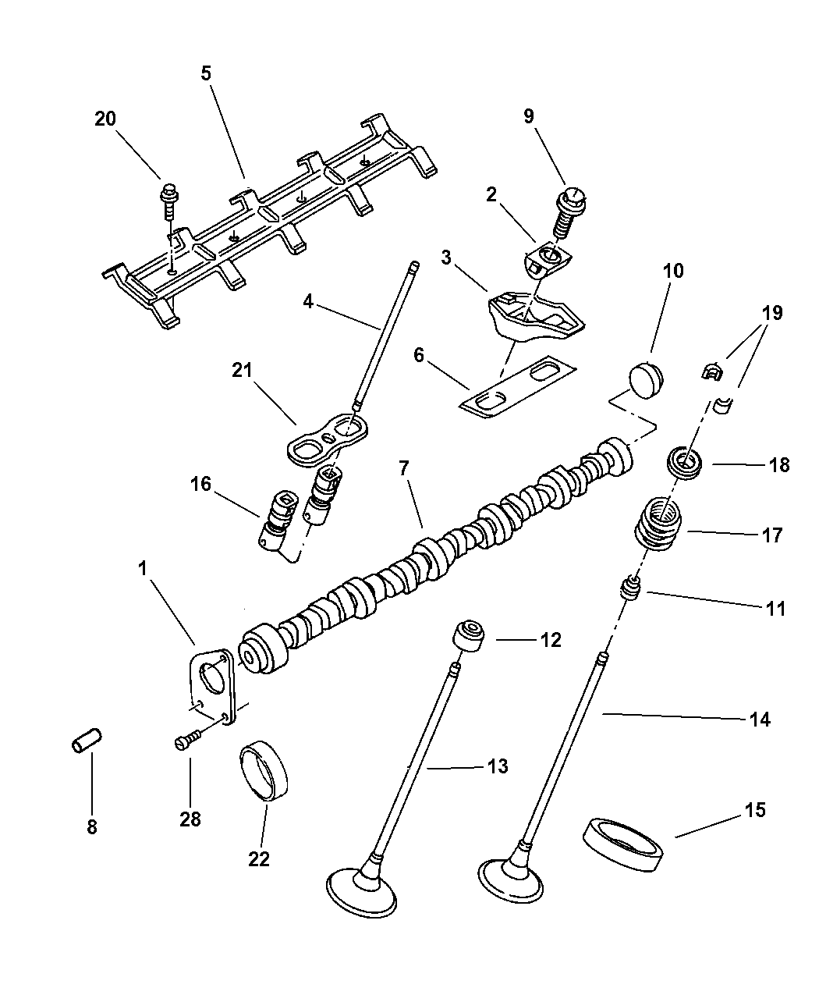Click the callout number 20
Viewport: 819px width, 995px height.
(105, 119)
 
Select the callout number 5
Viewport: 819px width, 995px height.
(206, 73)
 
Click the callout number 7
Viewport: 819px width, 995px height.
(403, 469)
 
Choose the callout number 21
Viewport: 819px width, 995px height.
(243, 369)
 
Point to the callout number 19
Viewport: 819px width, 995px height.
(771, 314)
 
